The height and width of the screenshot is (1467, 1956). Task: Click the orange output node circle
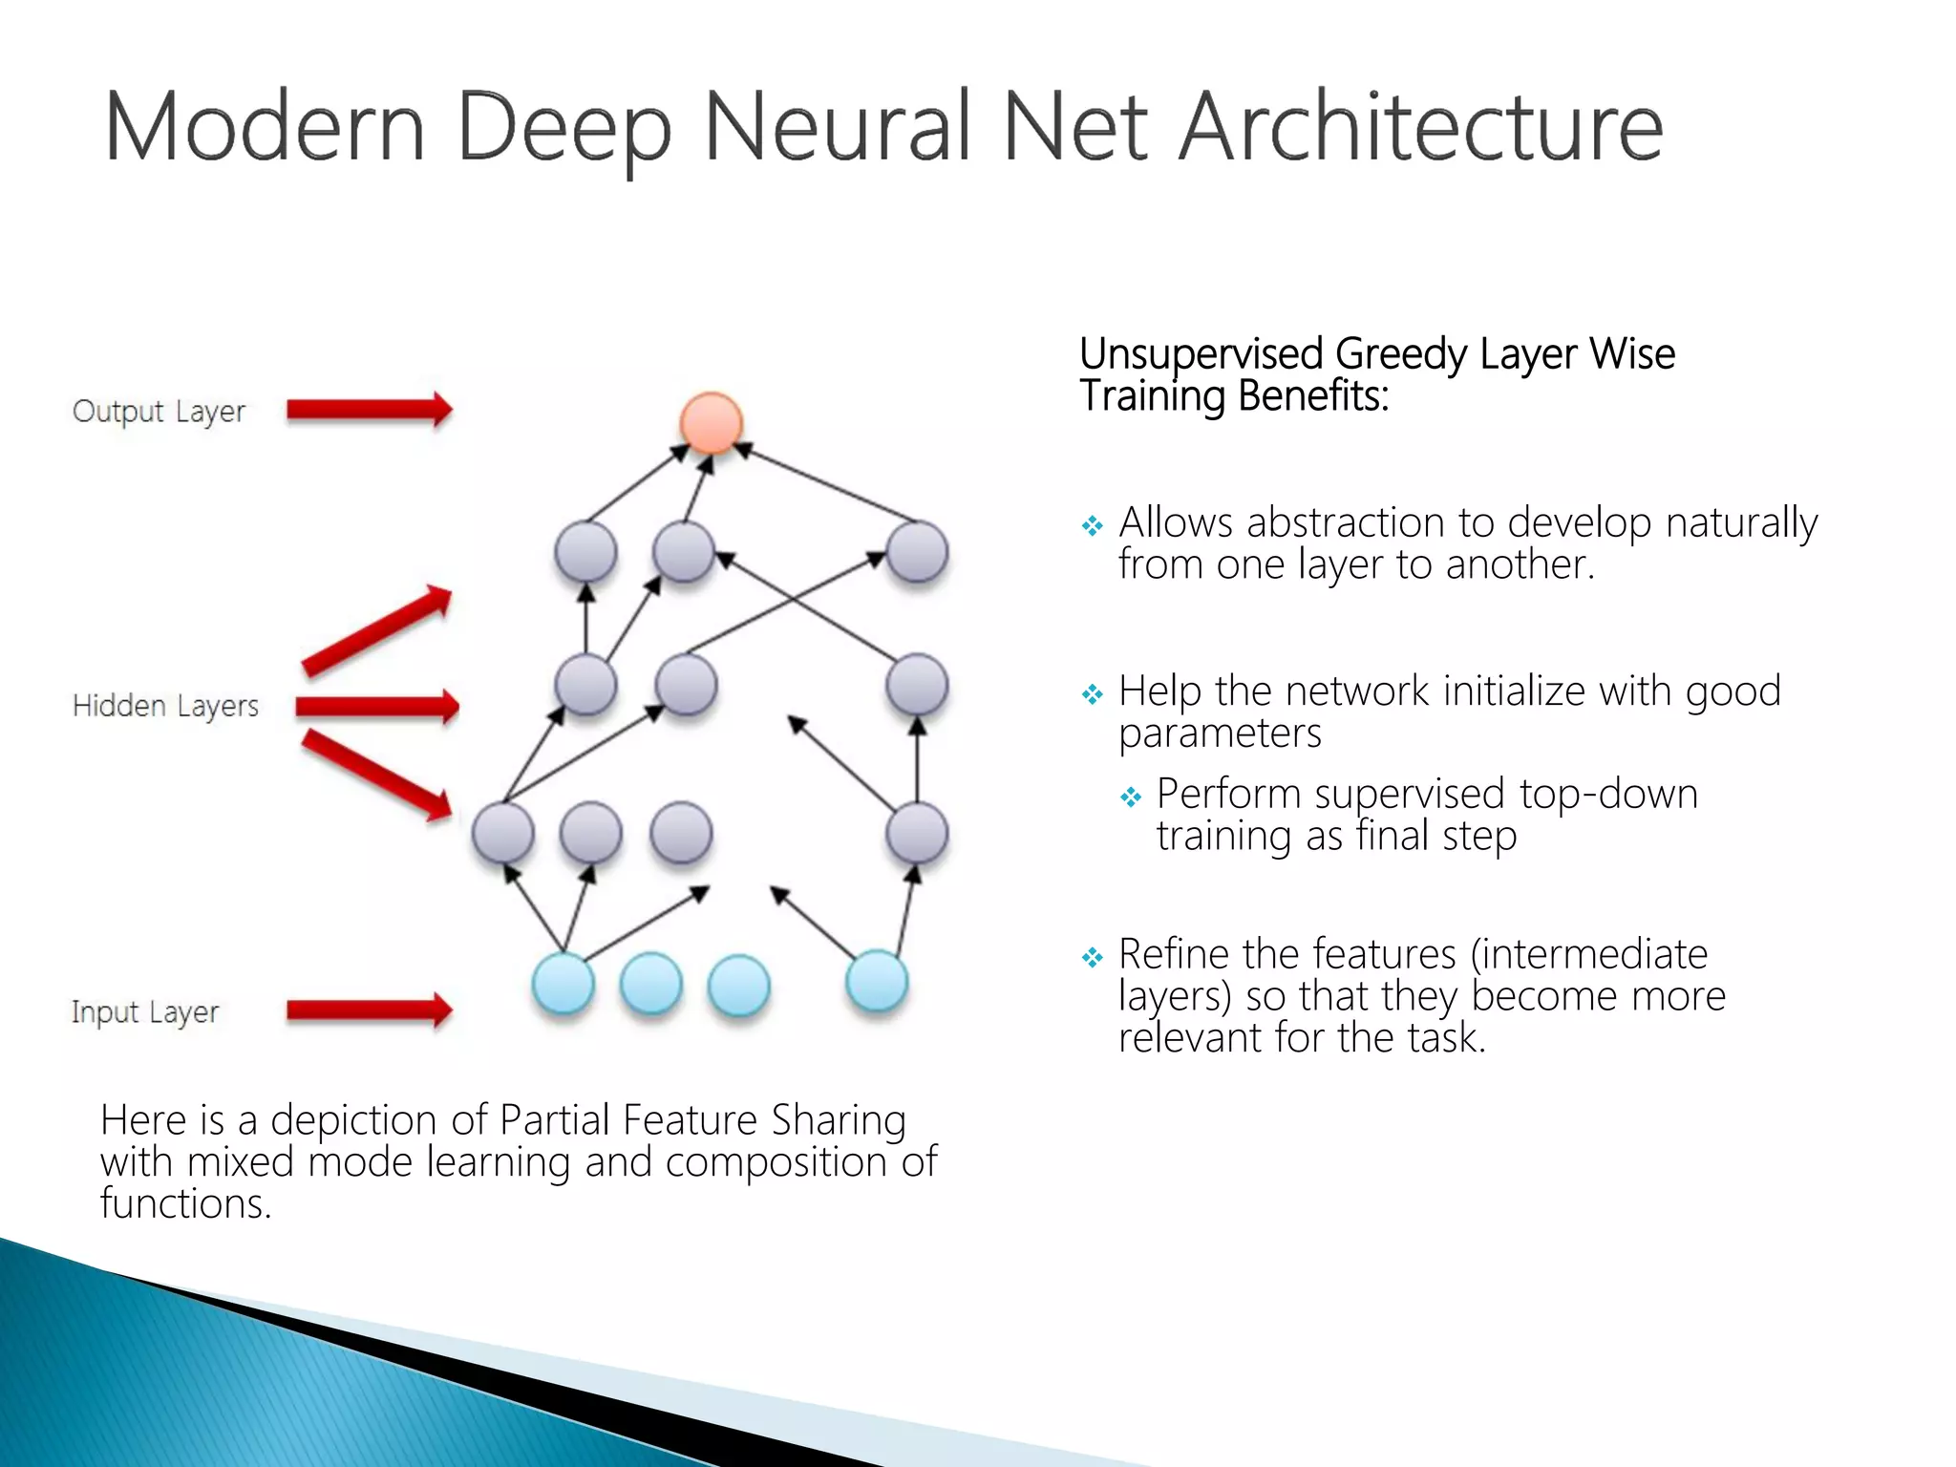[x=711, y=422]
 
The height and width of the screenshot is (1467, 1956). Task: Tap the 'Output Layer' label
[x=159, y=412]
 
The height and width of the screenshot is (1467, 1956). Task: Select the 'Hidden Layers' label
[x=165, y=706]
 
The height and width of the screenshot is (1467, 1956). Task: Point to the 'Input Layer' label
[x=145, y=1011]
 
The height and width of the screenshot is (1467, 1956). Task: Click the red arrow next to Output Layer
[x=369, y=410]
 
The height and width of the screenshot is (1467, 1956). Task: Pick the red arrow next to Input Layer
[x=369, y=1010]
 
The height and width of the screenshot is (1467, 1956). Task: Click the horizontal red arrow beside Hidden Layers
[x=376, y=707]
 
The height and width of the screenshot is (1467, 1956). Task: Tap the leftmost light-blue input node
[x=563, y=984]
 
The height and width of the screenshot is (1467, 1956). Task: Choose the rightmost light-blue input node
[x=877, y=981]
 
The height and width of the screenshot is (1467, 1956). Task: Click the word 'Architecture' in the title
[x=1421, y=127]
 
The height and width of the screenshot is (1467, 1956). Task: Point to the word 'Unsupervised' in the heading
[x=1201, y=354]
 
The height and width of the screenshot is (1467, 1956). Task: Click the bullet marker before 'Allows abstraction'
[x=1092, y=525]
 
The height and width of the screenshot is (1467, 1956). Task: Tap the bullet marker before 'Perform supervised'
[x=1131, y=797]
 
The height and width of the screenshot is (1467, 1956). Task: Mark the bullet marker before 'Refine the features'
[x=1092, y=957]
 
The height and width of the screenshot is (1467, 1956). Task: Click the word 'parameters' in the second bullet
[x=1220, y=733]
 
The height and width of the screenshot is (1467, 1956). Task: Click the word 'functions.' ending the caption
[x=186, y=1203]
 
